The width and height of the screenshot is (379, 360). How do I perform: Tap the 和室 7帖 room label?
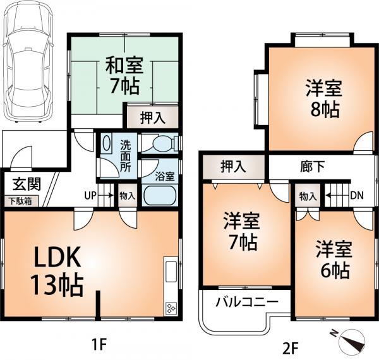[124, 75]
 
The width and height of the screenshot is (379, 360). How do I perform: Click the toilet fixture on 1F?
[158, 143]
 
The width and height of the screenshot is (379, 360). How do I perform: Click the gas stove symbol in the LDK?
[171, 309]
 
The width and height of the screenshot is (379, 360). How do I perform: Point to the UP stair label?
[90, 195]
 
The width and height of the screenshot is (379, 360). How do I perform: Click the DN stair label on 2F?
[356, 195]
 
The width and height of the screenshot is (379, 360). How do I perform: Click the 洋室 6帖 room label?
[333, 259]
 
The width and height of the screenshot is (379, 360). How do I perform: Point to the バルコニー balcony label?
[246, 302]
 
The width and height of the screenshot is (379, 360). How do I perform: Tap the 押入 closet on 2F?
[232, 167]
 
